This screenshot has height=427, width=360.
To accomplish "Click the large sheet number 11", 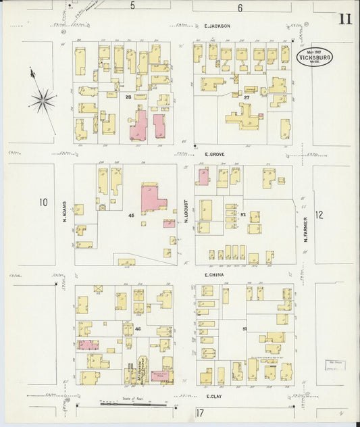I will (x=344, y=18).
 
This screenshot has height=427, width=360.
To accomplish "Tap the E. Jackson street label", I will (x=217, y=26).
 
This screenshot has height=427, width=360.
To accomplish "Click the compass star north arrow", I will (x=43, y=101).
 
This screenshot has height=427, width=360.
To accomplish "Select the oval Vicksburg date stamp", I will (x=314, y=57).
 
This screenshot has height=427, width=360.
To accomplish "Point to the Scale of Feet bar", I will (x=132, y=403).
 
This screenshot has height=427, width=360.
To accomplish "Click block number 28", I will (x=127, y=97).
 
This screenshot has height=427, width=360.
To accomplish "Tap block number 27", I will (x=247, y=97).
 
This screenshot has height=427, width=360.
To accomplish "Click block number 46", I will (x=138, y=328).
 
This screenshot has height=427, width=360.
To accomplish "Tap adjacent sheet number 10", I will (x=43, y=201).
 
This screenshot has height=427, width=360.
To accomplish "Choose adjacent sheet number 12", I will (x=319, y=215).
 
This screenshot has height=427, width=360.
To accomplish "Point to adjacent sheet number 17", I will (x=200, y=412).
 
